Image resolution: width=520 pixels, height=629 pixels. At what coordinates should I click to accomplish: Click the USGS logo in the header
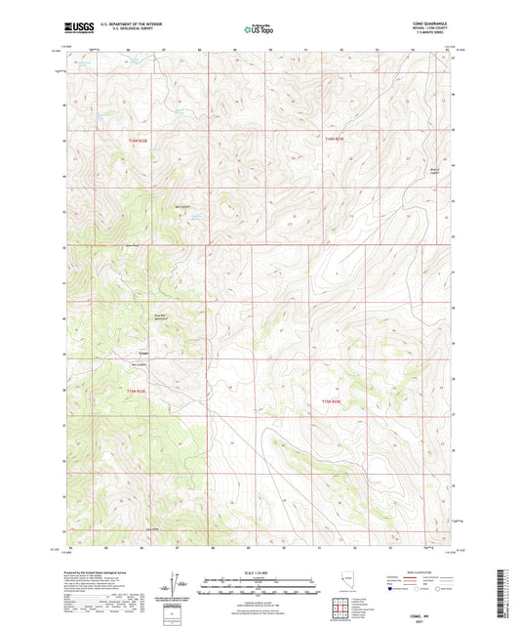pos(77,27)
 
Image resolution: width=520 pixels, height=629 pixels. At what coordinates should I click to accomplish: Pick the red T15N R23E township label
pos(333,401)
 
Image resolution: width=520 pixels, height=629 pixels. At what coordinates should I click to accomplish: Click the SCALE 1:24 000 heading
pos(259,571)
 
